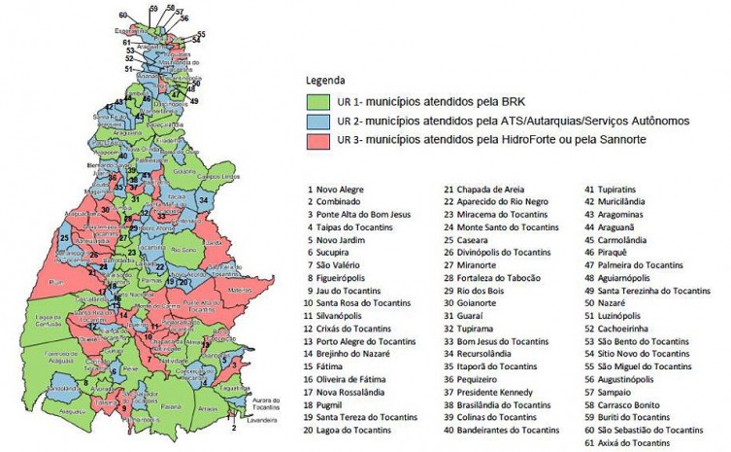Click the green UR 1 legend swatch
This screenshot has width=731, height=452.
click(x=318, y=100)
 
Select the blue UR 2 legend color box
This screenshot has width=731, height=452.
click(x=318, y=121)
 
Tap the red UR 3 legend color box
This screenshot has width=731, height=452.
click(x=318, y=140)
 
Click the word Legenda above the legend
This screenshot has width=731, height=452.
click(x=325, y=80)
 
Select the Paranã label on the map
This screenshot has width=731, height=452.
click(x=172, y=405)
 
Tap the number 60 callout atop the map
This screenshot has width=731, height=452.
click(x=122, y=16)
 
